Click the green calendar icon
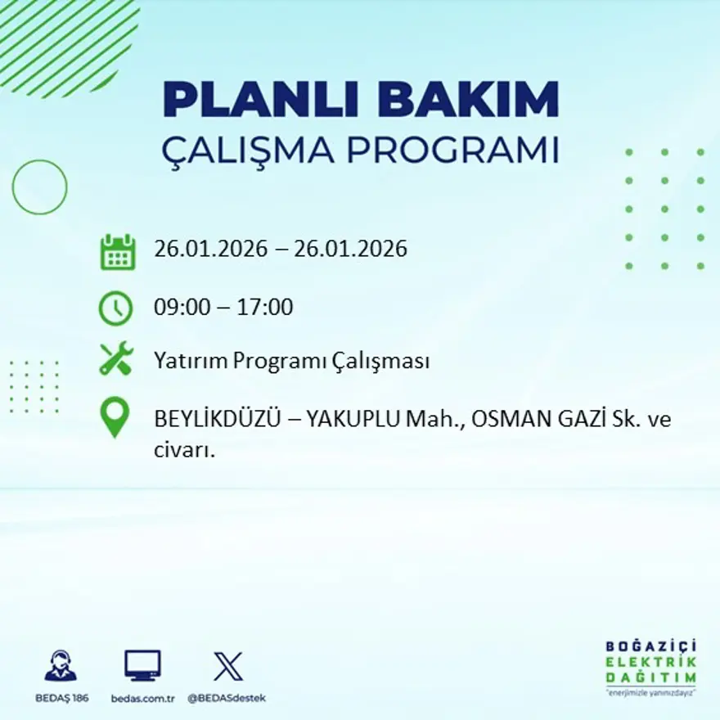coord(117,252)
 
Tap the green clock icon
coord(115,308)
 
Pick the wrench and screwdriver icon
coord(116,359)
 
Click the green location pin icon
coord(115,416)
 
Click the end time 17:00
coord(265,308)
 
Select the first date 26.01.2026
coord(210,249)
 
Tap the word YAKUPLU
coord(353,420)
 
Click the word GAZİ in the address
coord(572,420)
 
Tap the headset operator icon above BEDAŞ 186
coord(61,666)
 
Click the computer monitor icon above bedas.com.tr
coord(142,666)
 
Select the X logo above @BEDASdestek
coord(227,666)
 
